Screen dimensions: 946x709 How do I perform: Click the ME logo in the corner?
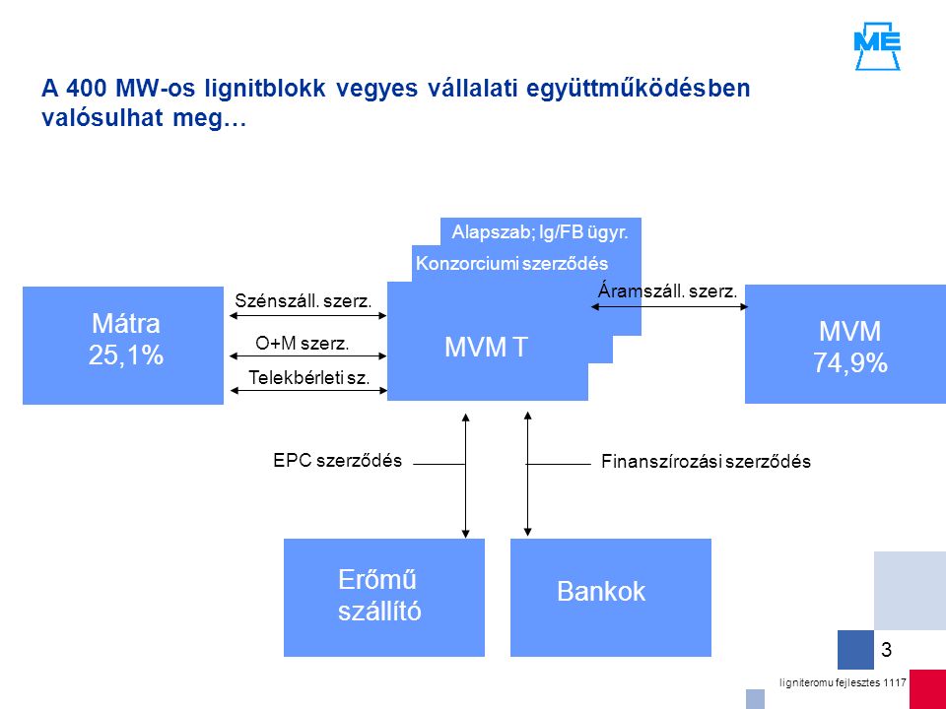877,46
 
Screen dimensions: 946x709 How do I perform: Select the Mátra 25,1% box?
123,345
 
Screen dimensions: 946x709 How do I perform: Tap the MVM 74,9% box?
845,344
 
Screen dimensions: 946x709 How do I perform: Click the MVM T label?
486,348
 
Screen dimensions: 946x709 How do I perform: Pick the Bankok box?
611,597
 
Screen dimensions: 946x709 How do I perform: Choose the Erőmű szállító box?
384,597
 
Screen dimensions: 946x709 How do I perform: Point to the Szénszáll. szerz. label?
303,301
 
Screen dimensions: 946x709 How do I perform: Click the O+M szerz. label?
303,344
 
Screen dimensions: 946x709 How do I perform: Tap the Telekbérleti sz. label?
308,378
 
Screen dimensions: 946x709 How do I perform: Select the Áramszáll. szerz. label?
668,291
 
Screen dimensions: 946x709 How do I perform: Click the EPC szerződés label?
337,461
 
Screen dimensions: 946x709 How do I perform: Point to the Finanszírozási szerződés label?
706,462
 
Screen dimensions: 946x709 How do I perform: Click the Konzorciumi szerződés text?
512,264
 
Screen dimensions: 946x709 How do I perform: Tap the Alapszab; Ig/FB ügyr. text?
540,232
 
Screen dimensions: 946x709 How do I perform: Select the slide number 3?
886,650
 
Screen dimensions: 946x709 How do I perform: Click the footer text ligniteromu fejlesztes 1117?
843,682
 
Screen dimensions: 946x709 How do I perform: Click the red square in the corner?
928,689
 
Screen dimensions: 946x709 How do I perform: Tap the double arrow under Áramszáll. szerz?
669,307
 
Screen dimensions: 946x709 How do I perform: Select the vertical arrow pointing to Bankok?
528,474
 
